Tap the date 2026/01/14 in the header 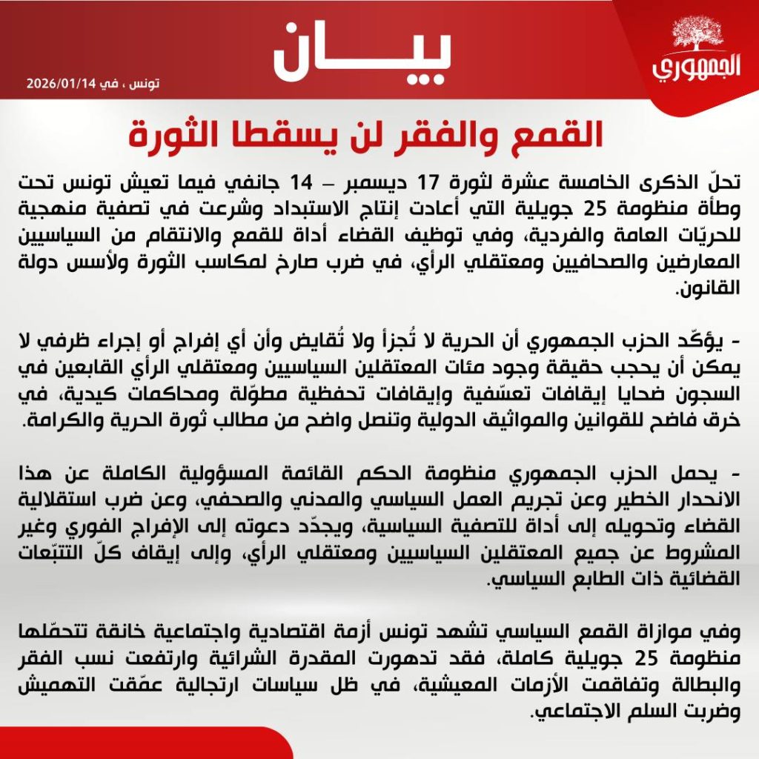click(64, 83)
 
